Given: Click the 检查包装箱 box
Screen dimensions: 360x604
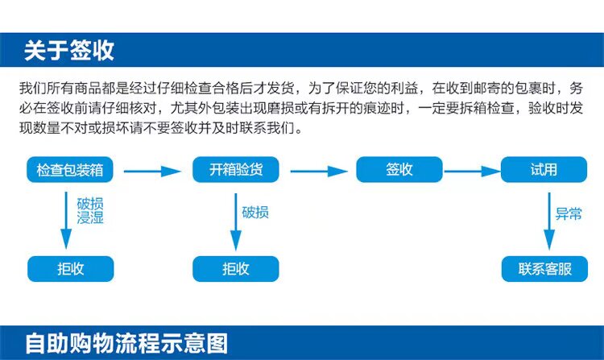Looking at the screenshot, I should point(70,170).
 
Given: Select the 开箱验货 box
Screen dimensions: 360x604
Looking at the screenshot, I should point(234,170).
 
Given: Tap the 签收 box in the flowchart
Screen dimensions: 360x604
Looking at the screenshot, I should point(399,170).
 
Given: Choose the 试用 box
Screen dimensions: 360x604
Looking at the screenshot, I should point(544,170).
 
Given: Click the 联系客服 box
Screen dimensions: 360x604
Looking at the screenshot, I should point(545,269).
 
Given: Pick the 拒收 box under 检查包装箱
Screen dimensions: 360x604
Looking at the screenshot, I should point(70,269).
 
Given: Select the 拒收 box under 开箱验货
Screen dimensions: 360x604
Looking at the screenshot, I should point(235,269).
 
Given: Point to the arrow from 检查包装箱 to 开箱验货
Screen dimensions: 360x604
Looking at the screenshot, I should point(151,171).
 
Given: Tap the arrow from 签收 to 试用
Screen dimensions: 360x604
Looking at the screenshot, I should point(472,171).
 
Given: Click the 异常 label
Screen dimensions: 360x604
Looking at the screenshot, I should point(569,214).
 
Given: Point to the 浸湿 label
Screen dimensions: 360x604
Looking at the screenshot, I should point(90,218).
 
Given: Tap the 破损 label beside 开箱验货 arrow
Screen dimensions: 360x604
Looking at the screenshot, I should point(255,213).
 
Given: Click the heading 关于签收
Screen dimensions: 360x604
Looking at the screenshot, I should point(69,50).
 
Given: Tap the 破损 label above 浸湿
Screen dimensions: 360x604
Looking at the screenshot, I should point(90,204).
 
